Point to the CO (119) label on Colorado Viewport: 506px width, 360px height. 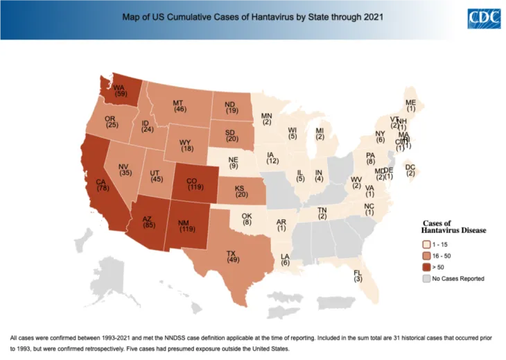point(195,182)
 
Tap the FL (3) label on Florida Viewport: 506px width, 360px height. point(358,275)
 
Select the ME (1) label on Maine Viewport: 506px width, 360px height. point(411,105)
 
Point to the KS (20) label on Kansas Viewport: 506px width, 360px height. point(241,191)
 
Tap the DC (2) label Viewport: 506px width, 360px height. point(410,170)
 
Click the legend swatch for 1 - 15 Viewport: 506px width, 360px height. point(426,244)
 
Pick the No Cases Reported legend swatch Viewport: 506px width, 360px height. point(426,278)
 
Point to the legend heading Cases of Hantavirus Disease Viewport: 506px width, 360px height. point(454,226)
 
